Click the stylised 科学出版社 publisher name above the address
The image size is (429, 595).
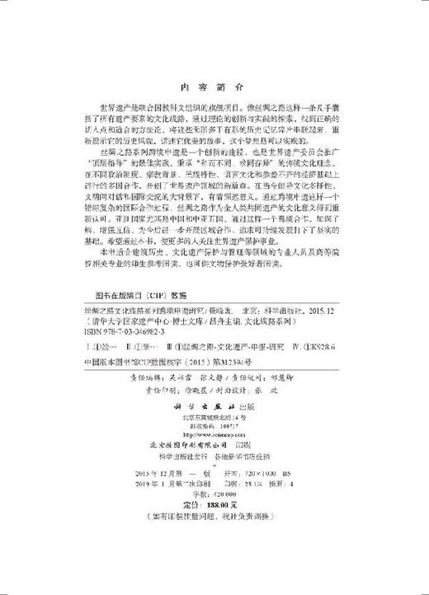click(x=212, y=430)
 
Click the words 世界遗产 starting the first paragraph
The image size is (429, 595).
click(x=115, y=110)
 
